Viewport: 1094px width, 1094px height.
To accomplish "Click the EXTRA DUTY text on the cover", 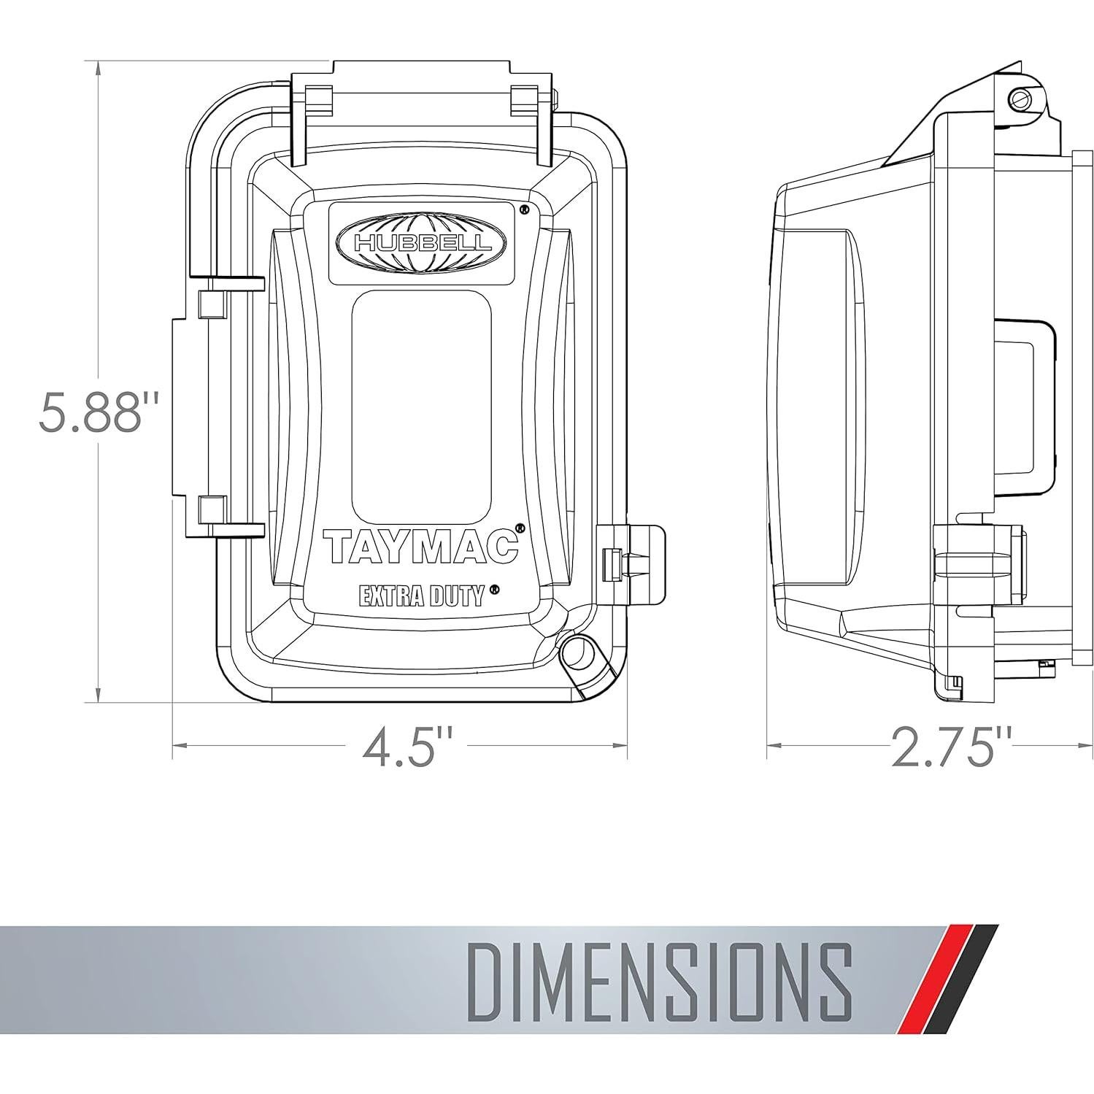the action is tap(423, 596).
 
